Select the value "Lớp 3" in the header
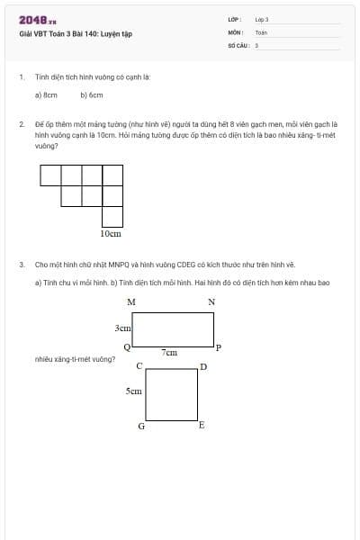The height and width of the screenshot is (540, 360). pyautogui.click(x=262, y=19)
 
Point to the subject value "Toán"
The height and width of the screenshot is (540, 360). pyautogui.click(x=261, y=31)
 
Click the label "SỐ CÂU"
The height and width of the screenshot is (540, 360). pyautogui.click(x=238, y=44)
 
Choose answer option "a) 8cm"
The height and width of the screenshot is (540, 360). pyautogui.click(x=46, y=94)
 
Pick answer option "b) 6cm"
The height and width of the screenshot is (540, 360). pyautogui.click(x=92, y=94)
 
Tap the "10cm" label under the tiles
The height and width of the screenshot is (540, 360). pyautogui.click(x=110, y=233)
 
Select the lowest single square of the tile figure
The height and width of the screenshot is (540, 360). pyautogui.click(x=112, y=216)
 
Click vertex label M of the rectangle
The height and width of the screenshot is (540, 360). pyautogui.click(x=131, y=301)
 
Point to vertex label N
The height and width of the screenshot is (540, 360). pyautogui.click(x=211, y=301)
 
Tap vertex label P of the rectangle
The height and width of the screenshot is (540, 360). pyautogui.click(x=219, y=346)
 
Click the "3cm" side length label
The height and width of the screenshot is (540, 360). pyautogui.click(x=123, y=329)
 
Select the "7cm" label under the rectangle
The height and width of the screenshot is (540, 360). pyautogui.click(x=169, y=353)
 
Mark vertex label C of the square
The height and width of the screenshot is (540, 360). pyautogui.click(x=139, y=366)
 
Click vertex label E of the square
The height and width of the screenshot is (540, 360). pyautogui.click(x=202, y=425)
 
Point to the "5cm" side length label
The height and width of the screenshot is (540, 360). pyautogui.click(x=133, y=392)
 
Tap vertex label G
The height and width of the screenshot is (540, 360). pyautogui.click(x=140, y=426)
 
